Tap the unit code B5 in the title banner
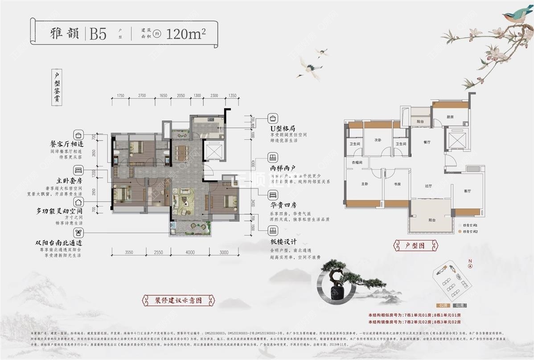(x=98, y=34)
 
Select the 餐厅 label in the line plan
(x=426, y=142)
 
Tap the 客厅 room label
(x=467, y=191)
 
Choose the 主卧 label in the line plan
(x=364, y=183)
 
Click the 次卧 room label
(x=378, y=140)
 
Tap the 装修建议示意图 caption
(x=172, y=300)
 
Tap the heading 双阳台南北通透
(x=59, y=243)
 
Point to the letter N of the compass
(x=470, y=260)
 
